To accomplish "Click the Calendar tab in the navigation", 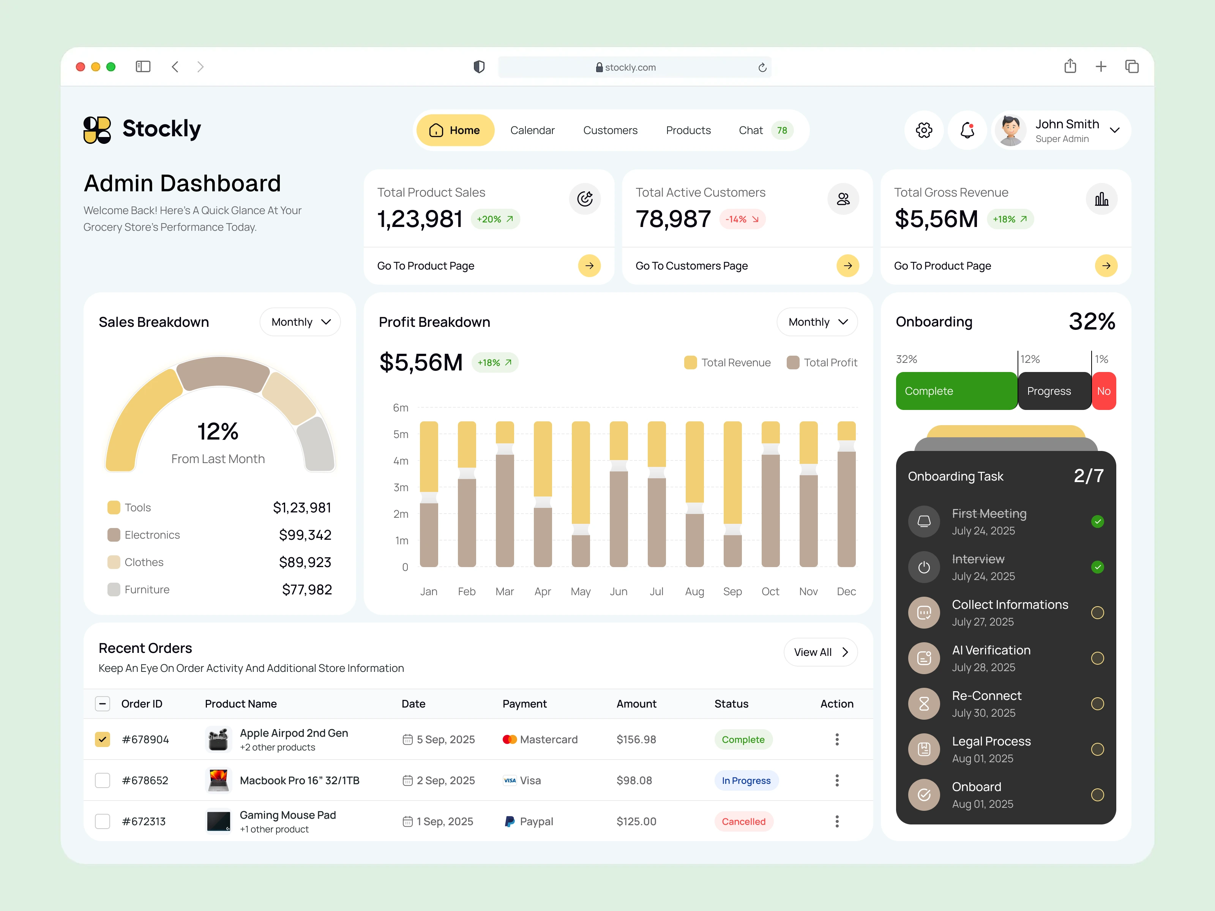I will [532, 130].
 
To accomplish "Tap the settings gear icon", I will [923, 130].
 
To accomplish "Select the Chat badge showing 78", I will [782, 130].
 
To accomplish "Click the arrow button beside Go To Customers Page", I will [847, 266].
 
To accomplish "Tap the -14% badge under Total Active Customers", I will [742, 219].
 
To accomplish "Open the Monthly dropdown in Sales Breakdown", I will [300, 322].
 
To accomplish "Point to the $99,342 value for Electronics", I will [305, 535].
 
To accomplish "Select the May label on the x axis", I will [580, 591].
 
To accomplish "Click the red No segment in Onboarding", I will [1103, 391].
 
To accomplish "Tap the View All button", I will [820, 652].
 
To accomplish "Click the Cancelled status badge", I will [743, 821].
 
